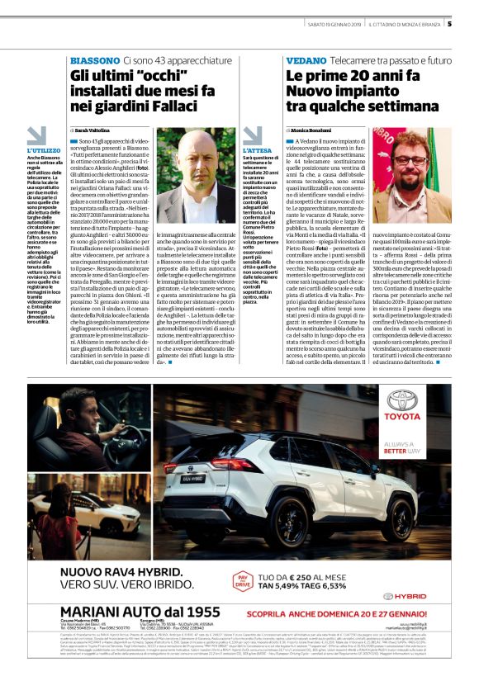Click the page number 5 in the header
[449, 23]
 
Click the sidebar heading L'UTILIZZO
[44, 150]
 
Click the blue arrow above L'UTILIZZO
[37, 135]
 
